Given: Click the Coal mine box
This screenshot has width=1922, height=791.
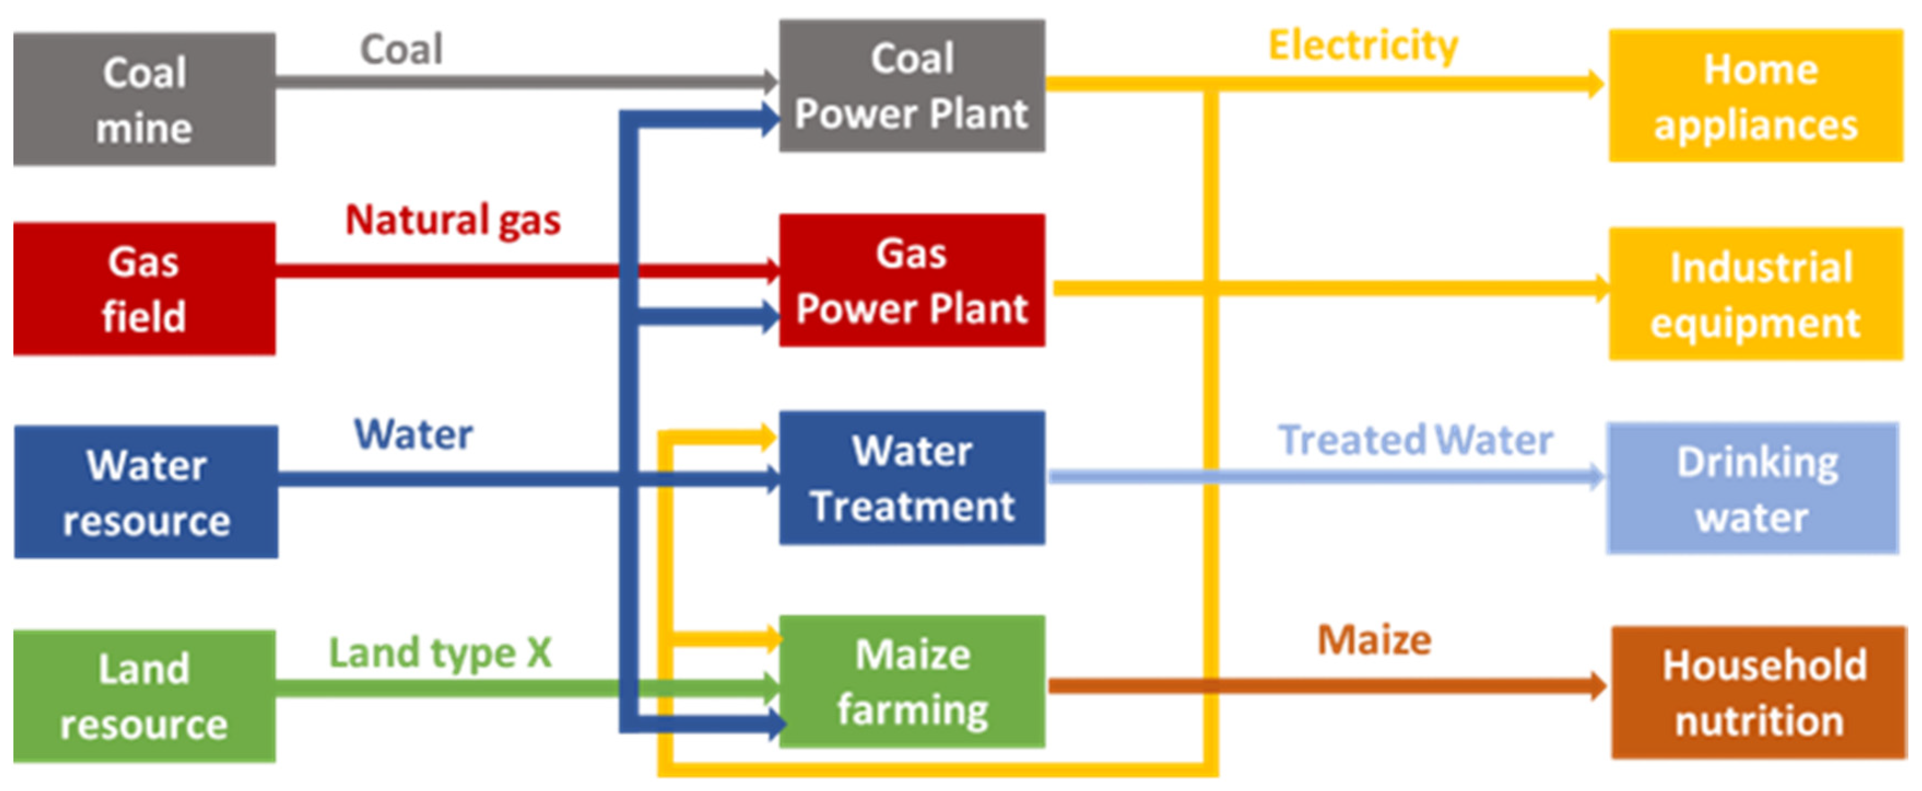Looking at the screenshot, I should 144,99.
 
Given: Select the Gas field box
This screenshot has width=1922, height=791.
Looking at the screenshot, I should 144,289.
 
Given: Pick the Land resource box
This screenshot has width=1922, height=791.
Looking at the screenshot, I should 144,696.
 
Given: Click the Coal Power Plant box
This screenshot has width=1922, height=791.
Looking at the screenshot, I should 912,86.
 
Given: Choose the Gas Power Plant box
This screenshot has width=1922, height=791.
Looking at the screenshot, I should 912,280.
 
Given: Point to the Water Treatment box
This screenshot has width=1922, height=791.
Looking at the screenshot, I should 912,478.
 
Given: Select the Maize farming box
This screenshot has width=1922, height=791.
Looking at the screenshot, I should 912,681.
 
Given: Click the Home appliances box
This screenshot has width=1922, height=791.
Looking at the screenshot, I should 1755,96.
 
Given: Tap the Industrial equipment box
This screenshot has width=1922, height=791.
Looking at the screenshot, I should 1755,295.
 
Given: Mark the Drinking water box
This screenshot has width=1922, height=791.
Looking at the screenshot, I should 1752,489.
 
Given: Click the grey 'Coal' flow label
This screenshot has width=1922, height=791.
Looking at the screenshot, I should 402,50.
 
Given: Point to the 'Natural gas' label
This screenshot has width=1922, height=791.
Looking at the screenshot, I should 453,220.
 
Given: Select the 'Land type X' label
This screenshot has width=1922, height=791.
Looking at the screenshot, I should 440,653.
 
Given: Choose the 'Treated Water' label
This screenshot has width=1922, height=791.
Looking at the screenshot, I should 1416,440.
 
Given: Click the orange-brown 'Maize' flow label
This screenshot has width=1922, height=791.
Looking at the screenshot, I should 1375,640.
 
